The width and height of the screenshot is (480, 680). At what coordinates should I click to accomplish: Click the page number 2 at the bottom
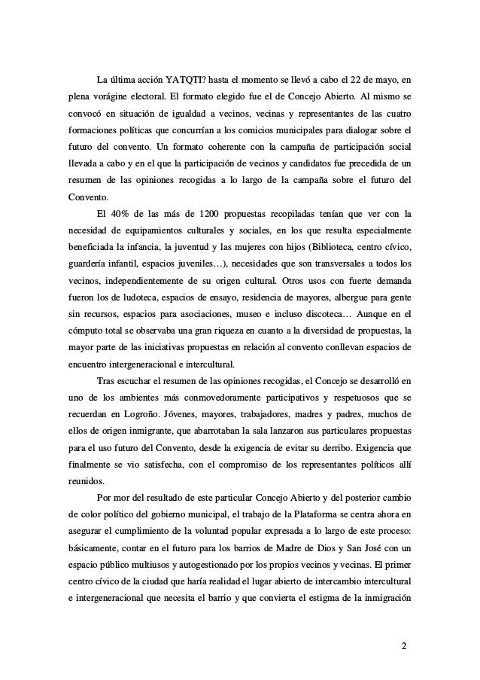(x=404, y=647)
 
